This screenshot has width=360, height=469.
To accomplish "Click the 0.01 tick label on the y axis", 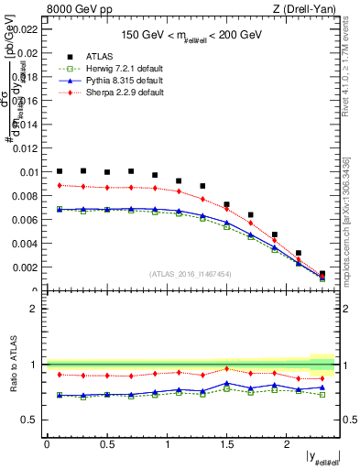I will click(28, 171).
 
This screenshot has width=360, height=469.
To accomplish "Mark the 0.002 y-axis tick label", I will click(26, 267).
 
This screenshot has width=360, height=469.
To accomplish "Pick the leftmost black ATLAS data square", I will click(60, 171).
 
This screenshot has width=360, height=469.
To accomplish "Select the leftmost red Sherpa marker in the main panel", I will click(60, 185).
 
